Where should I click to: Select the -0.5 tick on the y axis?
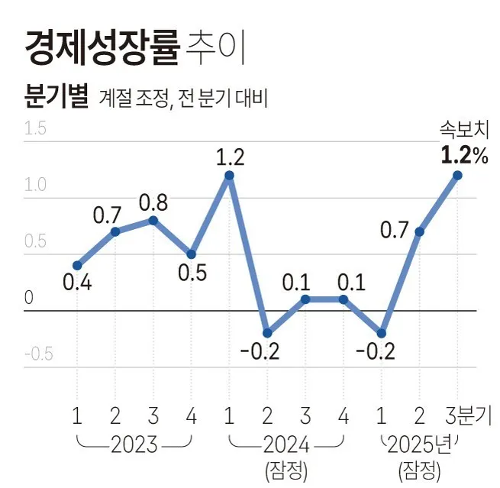(37, 354)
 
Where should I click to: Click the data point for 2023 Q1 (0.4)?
(77, 266)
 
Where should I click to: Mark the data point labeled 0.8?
(153, 220)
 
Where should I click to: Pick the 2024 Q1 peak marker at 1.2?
(229, 175)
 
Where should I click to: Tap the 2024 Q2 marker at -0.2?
(267, 333)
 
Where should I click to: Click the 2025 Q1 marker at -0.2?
(382, 333)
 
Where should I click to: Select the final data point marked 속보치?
(457, 175)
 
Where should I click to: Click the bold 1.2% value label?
(463, 156)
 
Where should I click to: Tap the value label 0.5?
(191, 273)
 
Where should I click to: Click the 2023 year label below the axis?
(134, 444)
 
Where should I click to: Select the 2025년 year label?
(420, 444)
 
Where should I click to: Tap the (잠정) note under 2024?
(285, 468)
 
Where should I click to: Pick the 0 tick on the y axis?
(29, 298)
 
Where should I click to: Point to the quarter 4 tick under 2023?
(191, 416)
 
